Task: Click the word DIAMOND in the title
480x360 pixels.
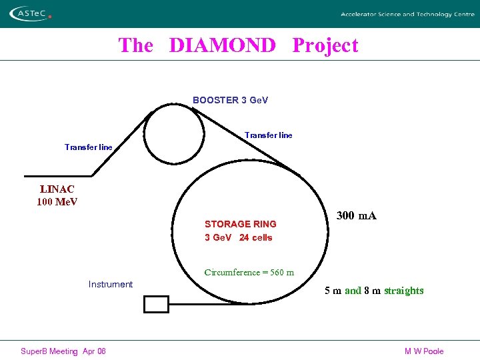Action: [222, 45]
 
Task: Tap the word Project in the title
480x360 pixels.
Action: [325, 45]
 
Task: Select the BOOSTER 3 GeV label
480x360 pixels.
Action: [230, 100]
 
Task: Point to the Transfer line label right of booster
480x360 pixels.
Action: [268, 135]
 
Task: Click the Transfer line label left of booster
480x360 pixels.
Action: [89, 147]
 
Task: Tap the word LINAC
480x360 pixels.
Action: [57, 189]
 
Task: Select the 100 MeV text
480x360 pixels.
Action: [57, 201]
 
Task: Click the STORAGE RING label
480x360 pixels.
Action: [240, 224]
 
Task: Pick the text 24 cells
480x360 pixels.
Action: [255, 237]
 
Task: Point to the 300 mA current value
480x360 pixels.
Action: [356, 215]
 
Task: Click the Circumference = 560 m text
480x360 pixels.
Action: [249, 272]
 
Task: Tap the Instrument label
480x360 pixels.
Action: [111, 285]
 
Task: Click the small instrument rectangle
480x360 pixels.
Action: [157, 304]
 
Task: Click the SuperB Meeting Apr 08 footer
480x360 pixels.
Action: [63, 351]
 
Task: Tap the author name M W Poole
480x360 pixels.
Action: [423, 351]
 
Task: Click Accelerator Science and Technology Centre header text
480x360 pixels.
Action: [407, 14]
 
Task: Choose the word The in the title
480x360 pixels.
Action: [135, 45]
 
